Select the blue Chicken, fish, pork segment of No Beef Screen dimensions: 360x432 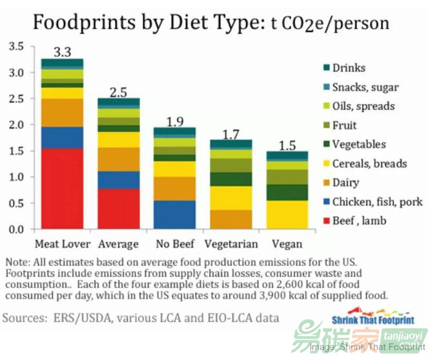coord(174,215)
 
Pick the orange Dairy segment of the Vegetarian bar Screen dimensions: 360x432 coord(231,219)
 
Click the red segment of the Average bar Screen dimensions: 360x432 coord(119,208)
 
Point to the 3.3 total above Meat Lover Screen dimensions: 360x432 coord(62,52)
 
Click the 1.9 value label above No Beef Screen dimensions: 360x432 coord(174,121)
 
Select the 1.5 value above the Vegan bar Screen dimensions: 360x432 coord(287,145)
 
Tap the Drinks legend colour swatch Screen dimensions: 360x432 coord(325,68)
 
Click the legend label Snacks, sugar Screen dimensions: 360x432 coord(365,87)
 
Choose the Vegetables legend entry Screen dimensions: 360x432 coord(359,145)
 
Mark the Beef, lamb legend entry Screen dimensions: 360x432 coord(359,221)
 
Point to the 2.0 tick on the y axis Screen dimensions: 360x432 coord(17,125)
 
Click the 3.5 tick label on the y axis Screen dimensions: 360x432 coord(17,47)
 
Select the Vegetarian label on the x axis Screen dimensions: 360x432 coord(231,244)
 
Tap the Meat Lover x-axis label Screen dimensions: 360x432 coord(62,244)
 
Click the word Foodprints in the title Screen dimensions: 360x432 coord(76,23)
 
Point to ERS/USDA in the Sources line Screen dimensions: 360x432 coord(76,318)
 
